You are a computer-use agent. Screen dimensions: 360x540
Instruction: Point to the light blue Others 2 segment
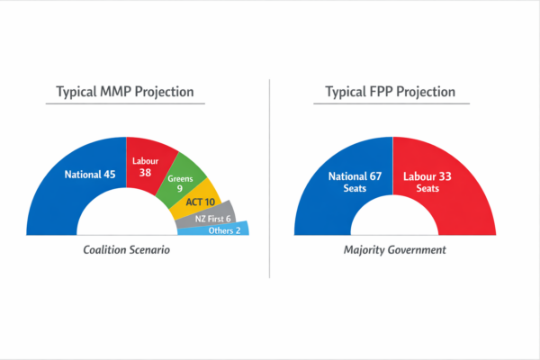point(220,230)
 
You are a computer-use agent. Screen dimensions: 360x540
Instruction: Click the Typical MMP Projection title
point(125,92)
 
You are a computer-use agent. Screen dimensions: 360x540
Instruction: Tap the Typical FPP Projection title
point(391,92)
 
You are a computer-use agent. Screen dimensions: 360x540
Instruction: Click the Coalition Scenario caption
point(125,249)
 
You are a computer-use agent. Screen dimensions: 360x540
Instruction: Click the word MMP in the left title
point(118,92)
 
